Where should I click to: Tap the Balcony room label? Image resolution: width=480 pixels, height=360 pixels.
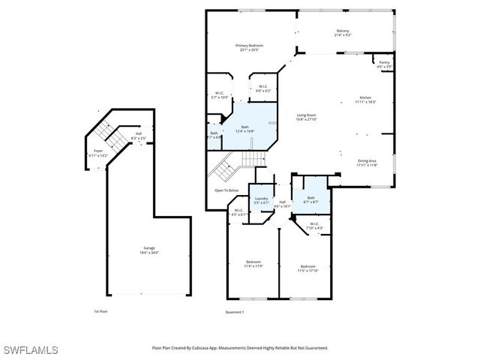point(342,33)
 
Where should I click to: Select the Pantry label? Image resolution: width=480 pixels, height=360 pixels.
point(384,64)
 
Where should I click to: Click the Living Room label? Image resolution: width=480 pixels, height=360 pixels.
point(306,117)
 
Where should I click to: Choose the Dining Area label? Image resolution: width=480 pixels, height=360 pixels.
point(367,163)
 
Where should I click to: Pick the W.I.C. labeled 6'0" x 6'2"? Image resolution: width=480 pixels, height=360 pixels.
point(263,88)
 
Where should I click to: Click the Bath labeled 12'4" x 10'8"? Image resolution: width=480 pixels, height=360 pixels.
point(244,129)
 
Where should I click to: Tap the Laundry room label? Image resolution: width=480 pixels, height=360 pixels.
point(261,201)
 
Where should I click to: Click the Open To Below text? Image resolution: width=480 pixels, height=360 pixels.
point(226,190)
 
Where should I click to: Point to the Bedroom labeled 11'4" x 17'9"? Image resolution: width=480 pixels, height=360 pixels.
point(253,264)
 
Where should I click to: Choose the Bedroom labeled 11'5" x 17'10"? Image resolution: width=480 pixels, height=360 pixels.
point(308,268)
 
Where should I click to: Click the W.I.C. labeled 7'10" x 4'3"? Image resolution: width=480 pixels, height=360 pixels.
point(315,226)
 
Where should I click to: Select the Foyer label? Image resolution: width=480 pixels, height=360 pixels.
point(97,154)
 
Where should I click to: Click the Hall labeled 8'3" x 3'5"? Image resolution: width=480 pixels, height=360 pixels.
point(138,136)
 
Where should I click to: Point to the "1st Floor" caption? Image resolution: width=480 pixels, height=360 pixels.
point(101,311)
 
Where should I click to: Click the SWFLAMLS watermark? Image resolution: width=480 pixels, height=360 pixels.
point(31,350)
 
